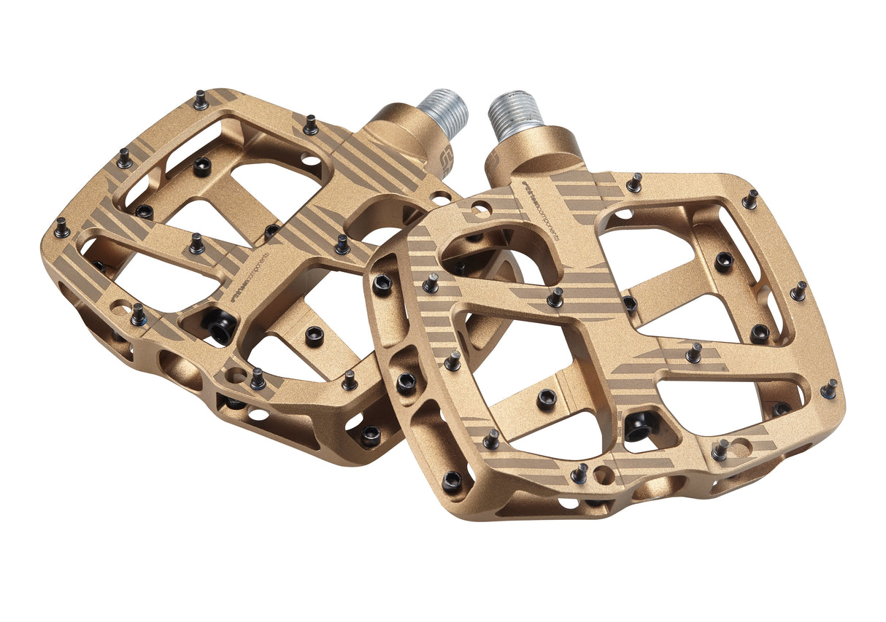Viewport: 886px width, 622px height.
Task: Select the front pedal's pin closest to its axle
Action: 634,182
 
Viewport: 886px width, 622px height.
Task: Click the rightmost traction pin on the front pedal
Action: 829,389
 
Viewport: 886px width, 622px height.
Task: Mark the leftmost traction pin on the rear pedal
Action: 62,228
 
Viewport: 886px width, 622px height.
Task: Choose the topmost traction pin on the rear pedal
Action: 200,100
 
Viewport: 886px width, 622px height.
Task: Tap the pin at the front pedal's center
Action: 555,297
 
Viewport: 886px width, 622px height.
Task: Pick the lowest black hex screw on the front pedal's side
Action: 452,481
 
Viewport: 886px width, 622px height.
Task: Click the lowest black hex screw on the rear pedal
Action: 370,435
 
